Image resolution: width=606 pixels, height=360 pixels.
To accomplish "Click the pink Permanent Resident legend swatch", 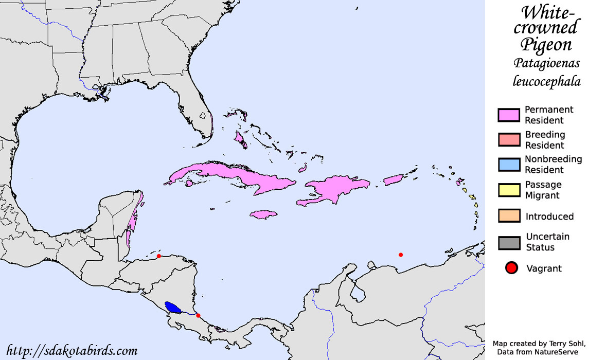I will (509, 115).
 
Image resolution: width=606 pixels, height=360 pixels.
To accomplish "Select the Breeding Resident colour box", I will (509, 140).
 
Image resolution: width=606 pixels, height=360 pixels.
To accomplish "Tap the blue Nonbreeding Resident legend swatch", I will (509, 165).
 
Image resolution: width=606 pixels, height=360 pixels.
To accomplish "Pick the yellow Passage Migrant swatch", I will (509, 190).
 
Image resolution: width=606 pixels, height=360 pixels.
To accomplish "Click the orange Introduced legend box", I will (509, 216).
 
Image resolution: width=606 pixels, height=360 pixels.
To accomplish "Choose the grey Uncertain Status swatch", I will (509, 242).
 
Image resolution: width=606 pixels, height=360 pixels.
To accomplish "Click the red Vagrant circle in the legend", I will (511, 268).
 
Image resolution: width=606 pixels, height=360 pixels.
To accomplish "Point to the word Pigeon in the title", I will (546, 44).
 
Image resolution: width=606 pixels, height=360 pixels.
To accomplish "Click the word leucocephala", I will (546, 81).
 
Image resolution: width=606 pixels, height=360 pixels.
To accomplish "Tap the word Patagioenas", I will (546, 63).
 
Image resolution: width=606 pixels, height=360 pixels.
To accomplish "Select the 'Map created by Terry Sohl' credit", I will (539, 343).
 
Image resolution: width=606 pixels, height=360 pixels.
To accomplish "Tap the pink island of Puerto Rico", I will (394, 179).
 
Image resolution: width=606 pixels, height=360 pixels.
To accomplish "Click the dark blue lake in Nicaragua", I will (173, 308).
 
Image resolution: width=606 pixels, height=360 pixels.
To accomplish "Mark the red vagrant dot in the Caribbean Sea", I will (401, 255).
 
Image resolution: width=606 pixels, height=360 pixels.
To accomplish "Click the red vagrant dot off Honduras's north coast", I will (159, 256).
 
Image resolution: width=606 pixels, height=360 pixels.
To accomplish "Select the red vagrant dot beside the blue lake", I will (199, 315).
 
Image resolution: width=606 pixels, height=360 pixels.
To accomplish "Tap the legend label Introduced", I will (549, 217).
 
